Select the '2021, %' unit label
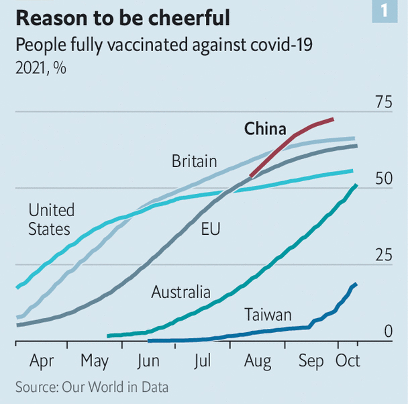(x=40, y=68)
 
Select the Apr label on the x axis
(x=42, y=362)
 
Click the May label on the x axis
(x=95, y=362)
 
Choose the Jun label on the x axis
(x=148, y=362)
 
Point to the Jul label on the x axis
(x=202, y=362)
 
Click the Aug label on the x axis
(x=257, y=362)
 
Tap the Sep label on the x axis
(x=311, y=362)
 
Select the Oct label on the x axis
(x=348, y=362)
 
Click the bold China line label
(x=265, y=129)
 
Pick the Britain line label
(x=194, y=162)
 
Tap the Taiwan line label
(x=268, y=315)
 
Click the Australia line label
(x=181, y=293)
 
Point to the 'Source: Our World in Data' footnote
(x=92, y=388)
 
